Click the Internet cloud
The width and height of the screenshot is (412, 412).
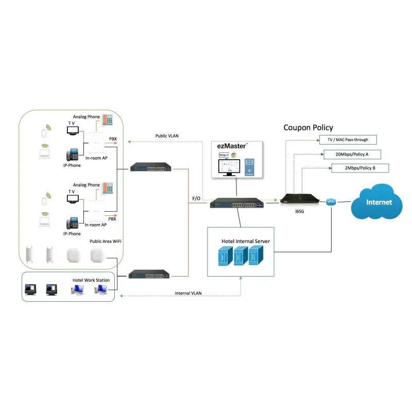pyautogui.click(x=379, y=202)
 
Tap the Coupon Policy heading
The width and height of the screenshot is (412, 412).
pyautogui.click(x=308, y=127)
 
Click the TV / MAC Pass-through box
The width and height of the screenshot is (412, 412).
pyautogui.click(x=347, y=140)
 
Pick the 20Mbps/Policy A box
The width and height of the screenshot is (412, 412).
pyautogui.click(x=352, y=154)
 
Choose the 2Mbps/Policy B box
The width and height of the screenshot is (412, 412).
pyautogui.click(x=359, y=168)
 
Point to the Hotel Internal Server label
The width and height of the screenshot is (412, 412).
pyautogui.click(x=246, y=241)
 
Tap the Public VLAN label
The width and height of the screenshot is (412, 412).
pyautogui.click(x=167, y=136)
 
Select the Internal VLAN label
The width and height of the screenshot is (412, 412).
pyautogui.click(x=188, y=293)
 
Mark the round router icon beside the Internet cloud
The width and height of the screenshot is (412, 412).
pyautogui.click(x=331, y=202)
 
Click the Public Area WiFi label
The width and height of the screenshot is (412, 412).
pyautogui.click(x=106, y=241)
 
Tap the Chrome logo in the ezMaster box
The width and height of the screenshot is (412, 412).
pyautogui.click(x=233, y=155)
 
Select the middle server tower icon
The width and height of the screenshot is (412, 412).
pyautogui.click(x=238, y=255)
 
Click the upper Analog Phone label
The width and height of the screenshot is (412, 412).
pyautogui.click(x=87, y=117)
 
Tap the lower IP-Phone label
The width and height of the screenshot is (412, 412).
pyautogui.click(x=72, y=233)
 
